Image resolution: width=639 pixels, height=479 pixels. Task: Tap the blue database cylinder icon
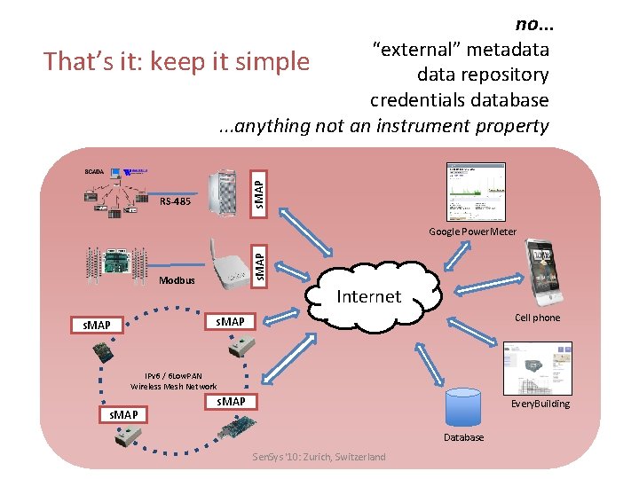pos(464,408)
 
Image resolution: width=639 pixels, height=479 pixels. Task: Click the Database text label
pos(464,437)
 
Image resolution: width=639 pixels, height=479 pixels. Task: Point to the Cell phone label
pos(538,318)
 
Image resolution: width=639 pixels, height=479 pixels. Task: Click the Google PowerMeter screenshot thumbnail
pos(476,191)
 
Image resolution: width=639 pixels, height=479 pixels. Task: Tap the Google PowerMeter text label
pos(472,232)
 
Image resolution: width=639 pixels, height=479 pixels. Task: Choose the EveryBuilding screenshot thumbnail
pos(537,367)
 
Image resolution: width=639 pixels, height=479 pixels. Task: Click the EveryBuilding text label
pos(540,404)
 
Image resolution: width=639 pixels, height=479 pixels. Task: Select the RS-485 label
pos(175,201)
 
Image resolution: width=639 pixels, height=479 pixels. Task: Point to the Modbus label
pos(176,280)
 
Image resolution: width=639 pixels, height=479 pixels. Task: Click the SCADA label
pos(94,170)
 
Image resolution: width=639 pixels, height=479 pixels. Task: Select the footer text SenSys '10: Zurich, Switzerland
pos(319,457)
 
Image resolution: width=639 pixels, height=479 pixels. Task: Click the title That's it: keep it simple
pos(177,61)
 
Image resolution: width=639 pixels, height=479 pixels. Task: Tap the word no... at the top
pos(532,23)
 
